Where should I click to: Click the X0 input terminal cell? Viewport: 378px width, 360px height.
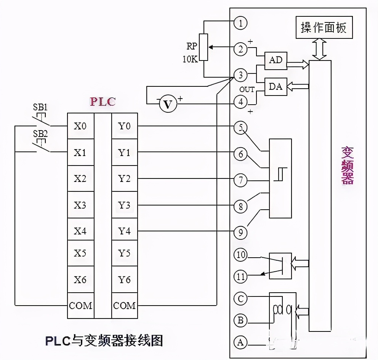80,126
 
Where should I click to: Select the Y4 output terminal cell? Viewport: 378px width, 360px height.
124,231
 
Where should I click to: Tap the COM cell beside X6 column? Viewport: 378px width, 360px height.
80,306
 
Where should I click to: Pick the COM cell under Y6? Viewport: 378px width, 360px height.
125,306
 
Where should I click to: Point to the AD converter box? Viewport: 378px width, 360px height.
275,60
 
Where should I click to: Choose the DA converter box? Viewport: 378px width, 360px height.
275,86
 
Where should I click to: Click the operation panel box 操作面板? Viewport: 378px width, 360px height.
324,28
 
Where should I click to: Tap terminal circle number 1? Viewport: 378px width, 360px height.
240,23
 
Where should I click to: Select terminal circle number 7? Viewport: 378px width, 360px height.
240,180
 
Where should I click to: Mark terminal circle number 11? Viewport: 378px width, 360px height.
240,277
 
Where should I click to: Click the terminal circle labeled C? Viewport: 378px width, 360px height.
240,299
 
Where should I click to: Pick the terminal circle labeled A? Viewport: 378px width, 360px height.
240,342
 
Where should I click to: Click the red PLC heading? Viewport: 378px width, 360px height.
102,102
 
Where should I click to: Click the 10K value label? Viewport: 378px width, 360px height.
189,59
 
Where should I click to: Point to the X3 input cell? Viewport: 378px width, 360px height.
80,205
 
